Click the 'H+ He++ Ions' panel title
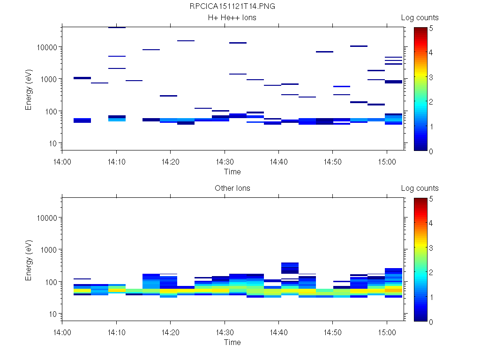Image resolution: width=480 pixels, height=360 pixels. [232, 18]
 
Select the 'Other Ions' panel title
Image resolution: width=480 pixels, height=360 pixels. [232, 188]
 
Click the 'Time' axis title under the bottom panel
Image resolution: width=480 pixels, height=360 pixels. [232, 342]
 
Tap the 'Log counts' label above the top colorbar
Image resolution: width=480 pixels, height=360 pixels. [420, 18]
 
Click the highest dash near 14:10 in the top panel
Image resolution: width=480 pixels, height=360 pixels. [117, 28]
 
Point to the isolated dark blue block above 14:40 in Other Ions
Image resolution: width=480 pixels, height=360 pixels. [290, 268]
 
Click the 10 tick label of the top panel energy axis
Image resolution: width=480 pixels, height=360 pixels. [53, 143]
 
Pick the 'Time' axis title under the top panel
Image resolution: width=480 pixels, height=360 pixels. [232, 172]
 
